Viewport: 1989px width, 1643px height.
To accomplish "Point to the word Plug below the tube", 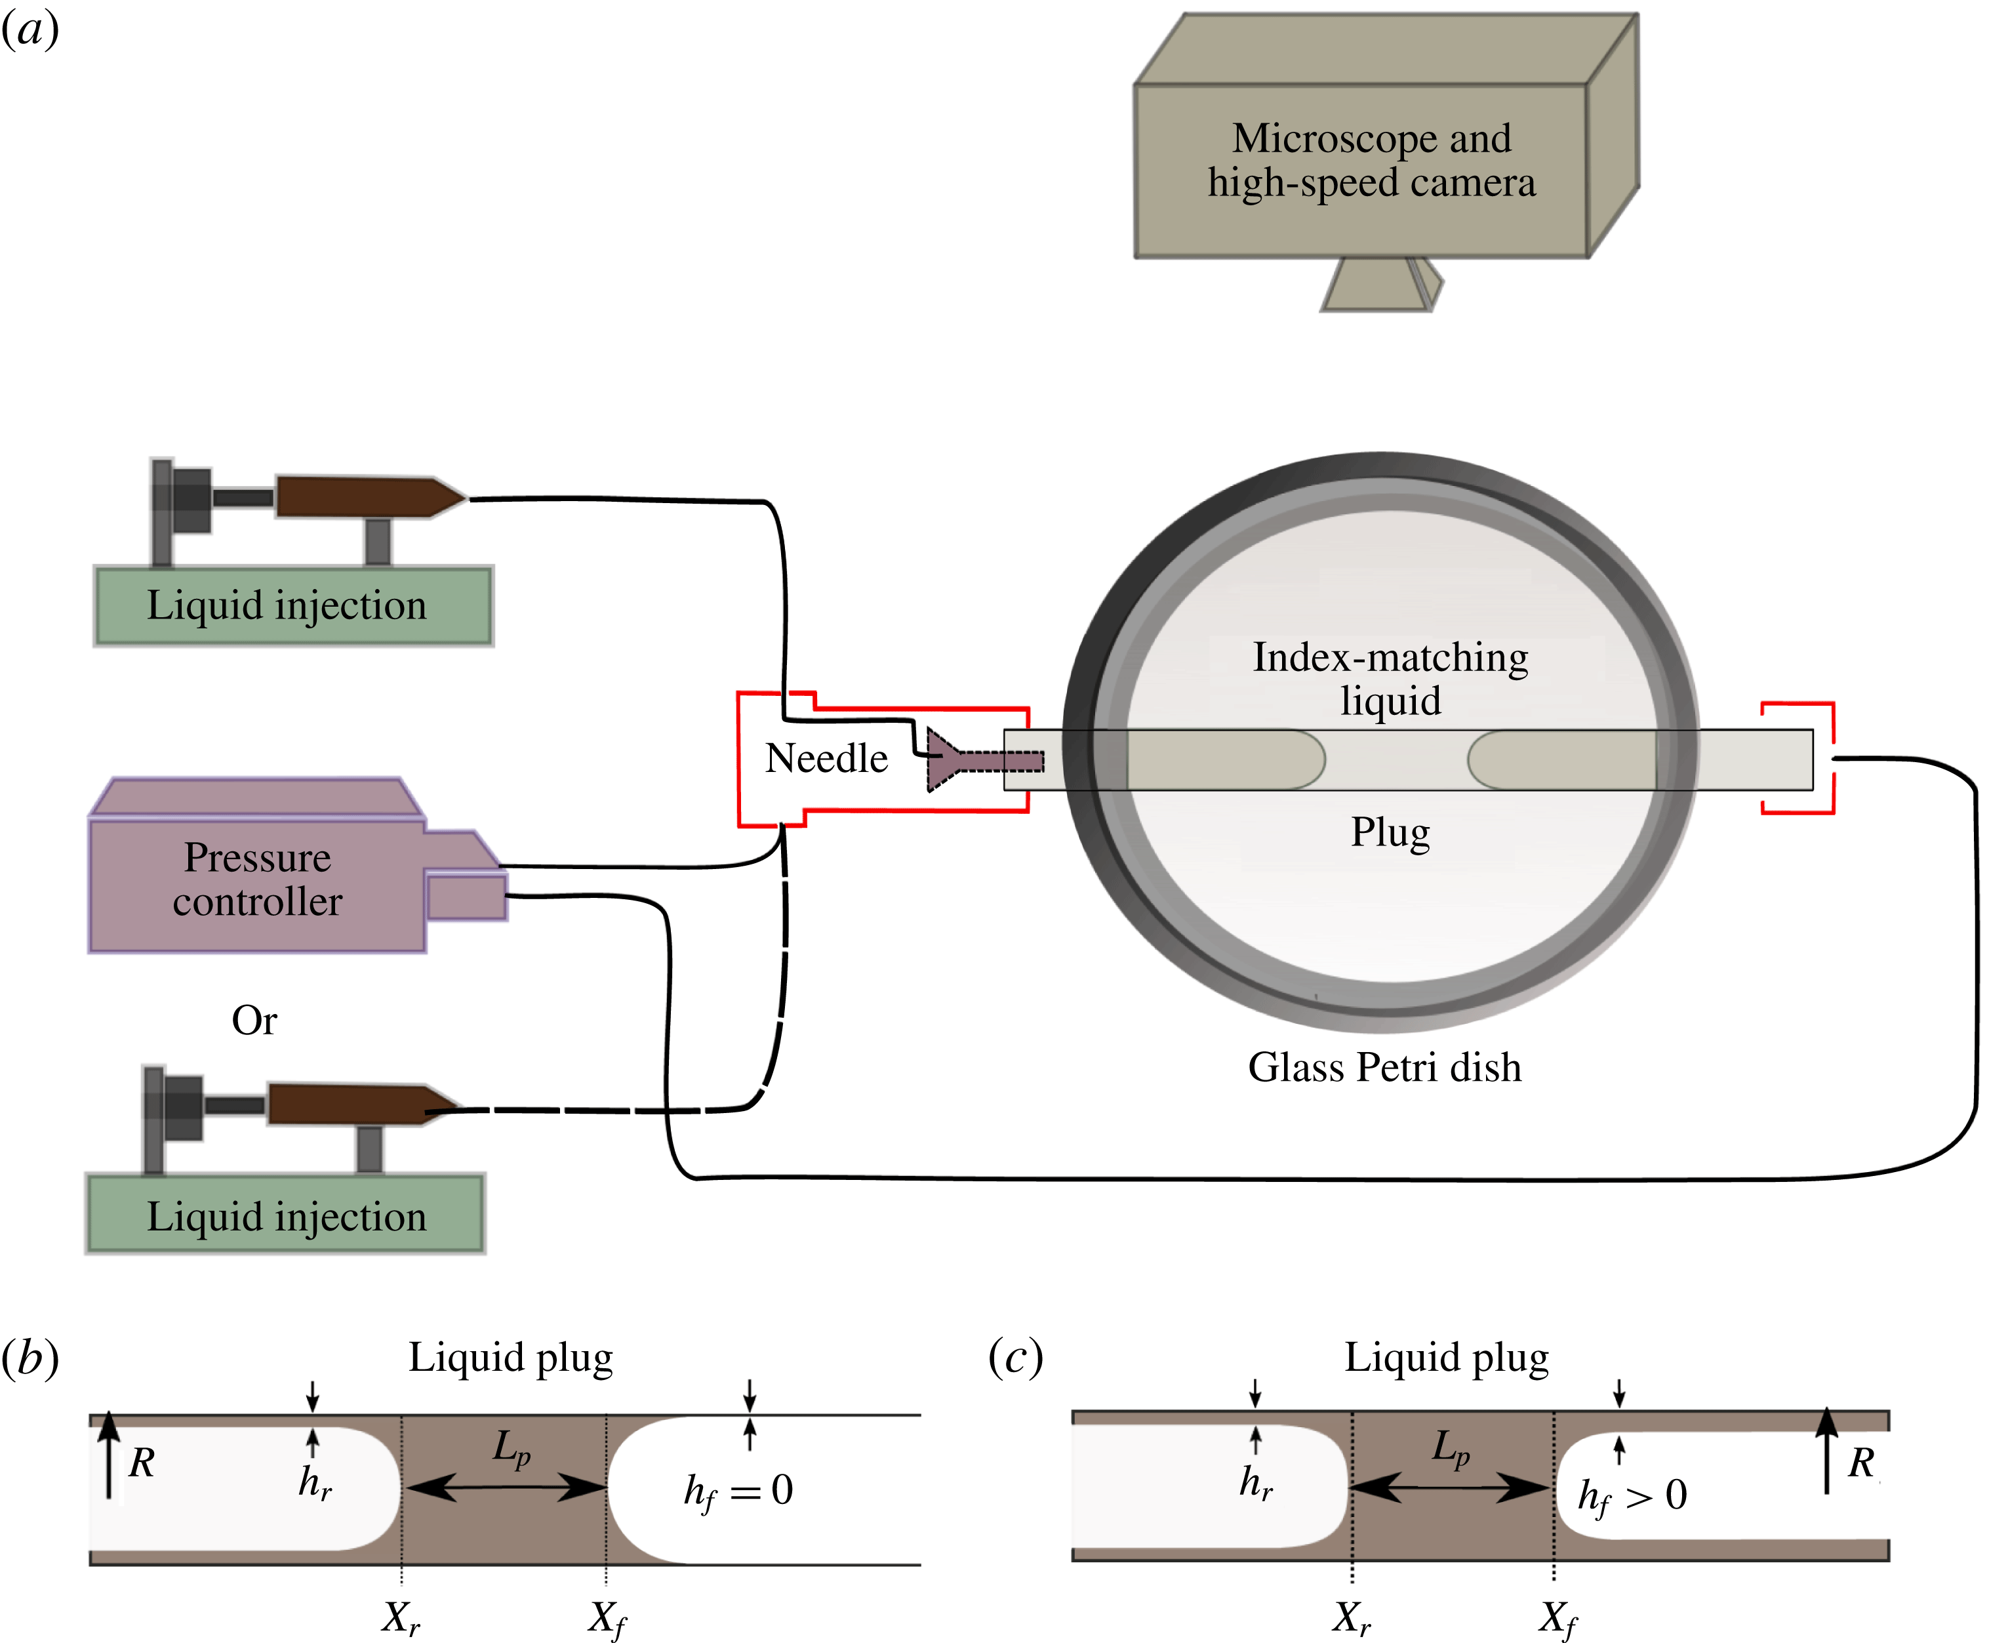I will (1389, 834).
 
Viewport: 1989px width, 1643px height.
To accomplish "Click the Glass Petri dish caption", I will (1384, 1068).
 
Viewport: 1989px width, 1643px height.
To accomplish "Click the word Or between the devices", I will (254, 1021).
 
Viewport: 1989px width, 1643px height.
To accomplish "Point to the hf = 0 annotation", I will (738, 1491).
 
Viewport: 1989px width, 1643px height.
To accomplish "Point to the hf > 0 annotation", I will (1632, 1496).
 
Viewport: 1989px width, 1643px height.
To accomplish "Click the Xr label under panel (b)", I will (401, 1617).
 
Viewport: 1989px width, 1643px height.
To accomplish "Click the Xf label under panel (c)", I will (1557, 1617).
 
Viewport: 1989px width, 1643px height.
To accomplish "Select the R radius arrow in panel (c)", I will (1826, 1452).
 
